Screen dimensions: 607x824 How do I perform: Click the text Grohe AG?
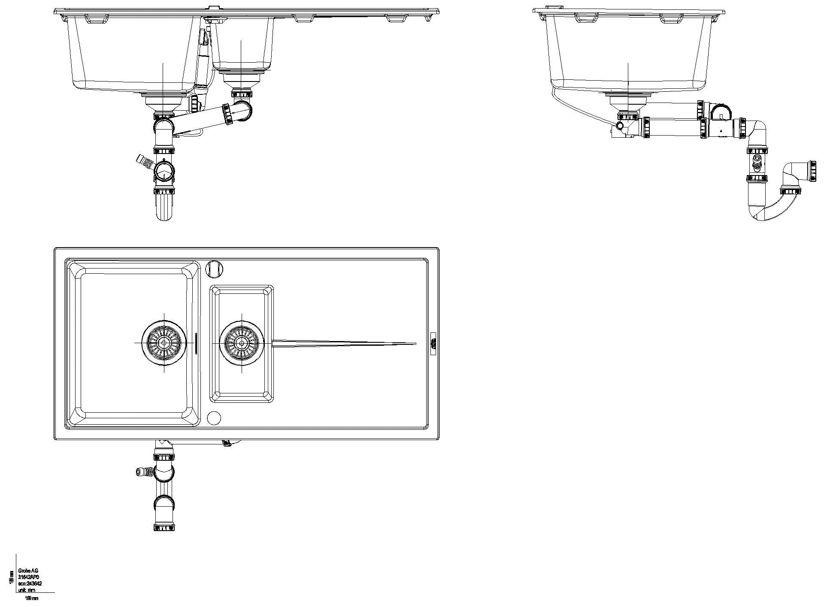[x=28, y=571]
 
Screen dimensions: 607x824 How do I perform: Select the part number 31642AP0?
[x=30, y=577]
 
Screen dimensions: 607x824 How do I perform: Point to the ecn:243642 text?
[x=30, y=584]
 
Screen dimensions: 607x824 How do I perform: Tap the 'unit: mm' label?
[x=27, y=590]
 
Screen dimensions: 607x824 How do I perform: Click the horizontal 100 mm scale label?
[x=32, y=598]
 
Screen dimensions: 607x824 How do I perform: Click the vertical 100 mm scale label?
[x=12, y=577]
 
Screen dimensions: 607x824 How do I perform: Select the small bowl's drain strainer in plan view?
[x=242, y=343]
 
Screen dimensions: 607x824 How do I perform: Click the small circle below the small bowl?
[x=214, y=417]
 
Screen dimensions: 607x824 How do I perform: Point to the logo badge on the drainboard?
[x=433, y=343]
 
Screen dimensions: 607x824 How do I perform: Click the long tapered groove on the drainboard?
[x=343, y=343]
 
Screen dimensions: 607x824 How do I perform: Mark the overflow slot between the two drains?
[x=196, y=343]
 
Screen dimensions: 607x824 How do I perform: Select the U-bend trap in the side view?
[x=768, y=210]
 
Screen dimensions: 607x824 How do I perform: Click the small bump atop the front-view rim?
[x=213, y=7]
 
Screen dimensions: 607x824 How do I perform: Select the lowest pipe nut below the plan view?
[x=164, y=527]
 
